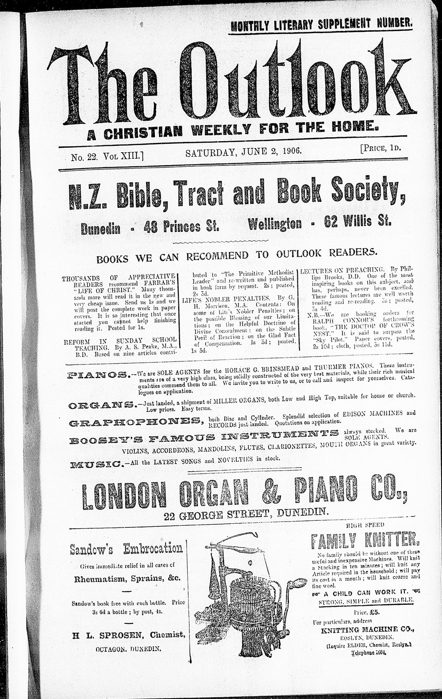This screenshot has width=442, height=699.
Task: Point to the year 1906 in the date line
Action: point(290,152)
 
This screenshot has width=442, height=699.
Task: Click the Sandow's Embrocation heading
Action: point(127,549)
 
